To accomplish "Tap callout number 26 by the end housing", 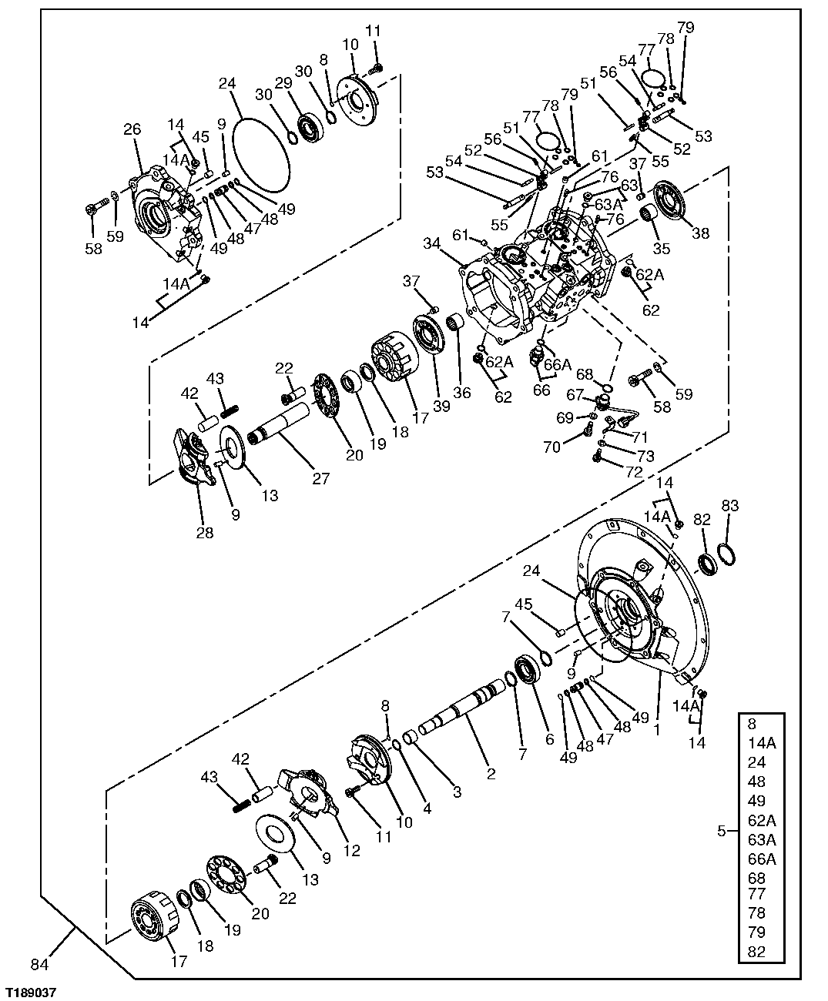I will pyautogui.click(x=132, y=129).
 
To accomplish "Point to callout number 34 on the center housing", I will pyautogui.click(x=431, y=244).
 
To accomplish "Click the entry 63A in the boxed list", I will pyautogui.click(x=761, y=839).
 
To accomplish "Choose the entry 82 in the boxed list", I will pyautogui.click(x=756, y=952).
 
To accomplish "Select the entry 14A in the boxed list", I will pyautogui.click(x=761, y=744).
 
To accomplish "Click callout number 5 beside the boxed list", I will pyautogui.click(x=721, y=831).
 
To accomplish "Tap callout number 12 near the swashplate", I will pyautogui.click(x=352, y=851).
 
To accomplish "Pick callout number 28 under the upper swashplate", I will pyautogui.click(x=204, y=533).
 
